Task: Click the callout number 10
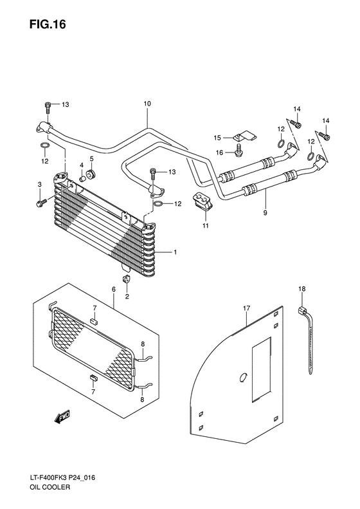(147, 104)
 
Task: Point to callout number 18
(301, 290)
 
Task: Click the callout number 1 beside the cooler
(174, 252)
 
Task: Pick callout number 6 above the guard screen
(113, 290)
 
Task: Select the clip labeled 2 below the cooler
(127, 279)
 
